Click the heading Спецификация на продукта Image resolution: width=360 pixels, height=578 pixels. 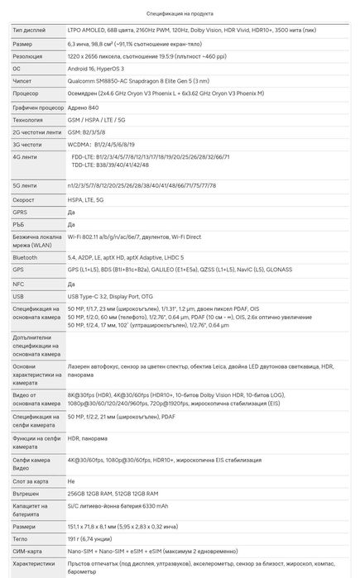point(180,15)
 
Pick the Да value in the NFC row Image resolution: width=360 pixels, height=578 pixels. point(71,283)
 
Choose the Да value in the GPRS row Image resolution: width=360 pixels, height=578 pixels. point(71,213)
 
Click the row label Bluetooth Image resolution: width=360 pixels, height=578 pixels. point(26,257)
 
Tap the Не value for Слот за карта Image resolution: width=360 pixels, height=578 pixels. point(71,480)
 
